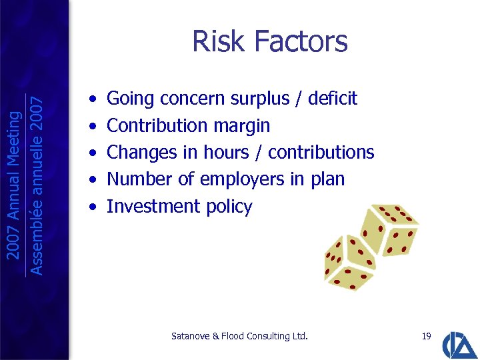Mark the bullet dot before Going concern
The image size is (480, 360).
(92, 99)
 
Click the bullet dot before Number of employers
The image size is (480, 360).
(92, 179)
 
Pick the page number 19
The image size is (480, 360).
(427, 336)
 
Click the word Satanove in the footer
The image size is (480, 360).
(190, 336)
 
